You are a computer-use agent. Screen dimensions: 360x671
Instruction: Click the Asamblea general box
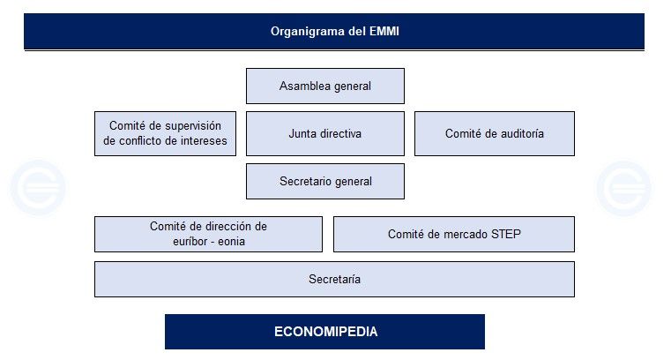coord(324,86)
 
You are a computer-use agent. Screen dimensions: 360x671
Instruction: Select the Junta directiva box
coord(324,134)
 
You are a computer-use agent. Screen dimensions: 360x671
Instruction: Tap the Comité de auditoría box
coord(494,134)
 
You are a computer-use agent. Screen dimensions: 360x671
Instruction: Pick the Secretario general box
coord(324,182)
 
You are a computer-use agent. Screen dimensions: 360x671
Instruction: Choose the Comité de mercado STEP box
coord(453,235)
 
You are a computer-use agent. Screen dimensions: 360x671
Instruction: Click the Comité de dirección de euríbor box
coord(208,235)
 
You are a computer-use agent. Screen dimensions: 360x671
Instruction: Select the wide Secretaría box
coord(334,280)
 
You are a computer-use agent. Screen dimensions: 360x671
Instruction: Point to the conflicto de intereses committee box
coord(165,134)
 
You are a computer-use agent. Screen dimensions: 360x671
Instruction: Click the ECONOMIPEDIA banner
coord(324,332)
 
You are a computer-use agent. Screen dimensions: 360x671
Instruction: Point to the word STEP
coord(505,235)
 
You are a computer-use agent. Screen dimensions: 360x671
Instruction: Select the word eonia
coord(229,241)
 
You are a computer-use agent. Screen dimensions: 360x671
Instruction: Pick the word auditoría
coord(518,134)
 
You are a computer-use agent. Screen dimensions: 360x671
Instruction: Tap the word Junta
coord(302,134)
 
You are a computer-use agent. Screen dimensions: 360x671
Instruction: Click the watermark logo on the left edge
coord(38,188)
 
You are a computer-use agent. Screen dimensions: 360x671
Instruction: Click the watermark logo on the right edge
coord(623,188)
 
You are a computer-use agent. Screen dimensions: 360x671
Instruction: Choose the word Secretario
coord(306,182)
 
